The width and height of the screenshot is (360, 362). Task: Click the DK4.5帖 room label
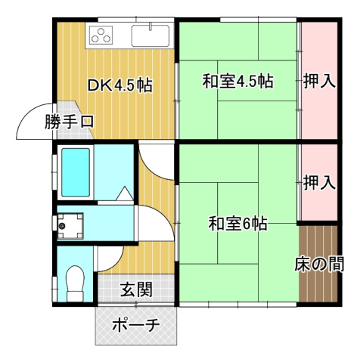(x=120, y=85)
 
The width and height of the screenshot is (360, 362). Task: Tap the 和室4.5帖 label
(x=237, y=82)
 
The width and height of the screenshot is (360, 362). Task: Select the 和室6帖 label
(x=237, y=224)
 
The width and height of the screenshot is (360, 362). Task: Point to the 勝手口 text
(x=69, y=121)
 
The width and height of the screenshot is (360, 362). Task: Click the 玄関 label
(x=137, y=288)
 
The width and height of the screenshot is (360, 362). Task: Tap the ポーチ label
(x=136, y=326)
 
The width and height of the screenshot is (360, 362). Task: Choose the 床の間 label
(x=319, y=265)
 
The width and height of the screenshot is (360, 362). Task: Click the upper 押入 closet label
(x=319, y=82)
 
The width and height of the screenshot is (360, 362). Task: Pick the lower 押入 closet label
(x=319, y=182)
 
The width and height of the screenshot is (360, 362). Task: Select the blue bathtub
(x=76, y=172)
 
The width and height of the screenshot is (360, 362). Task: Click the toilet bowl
(x=75, y=284)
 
